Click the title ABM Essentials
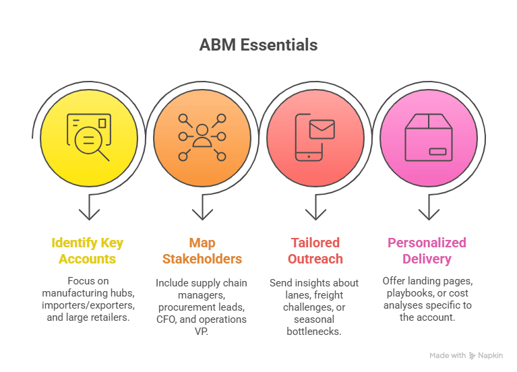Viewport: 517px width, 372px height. click(258, 45)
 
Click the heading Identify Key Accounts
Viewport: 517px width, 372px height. click(87, 250)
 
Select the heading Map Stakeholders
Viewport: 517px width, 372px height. click(201, 250)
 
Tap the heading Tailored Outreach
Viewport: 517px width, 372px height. click(315, 250)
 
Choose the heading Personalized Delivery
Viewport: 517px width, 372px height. click(427, 250)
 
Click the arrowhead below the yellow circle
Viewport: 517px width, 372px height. click(89, 214)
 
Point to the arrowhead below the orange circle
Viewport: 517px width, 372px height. click(202, 214)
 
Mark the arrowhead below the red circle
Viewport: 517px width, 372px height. click(315, 214)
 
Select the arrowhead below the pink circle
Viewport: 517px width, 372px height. click(429, 214)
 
